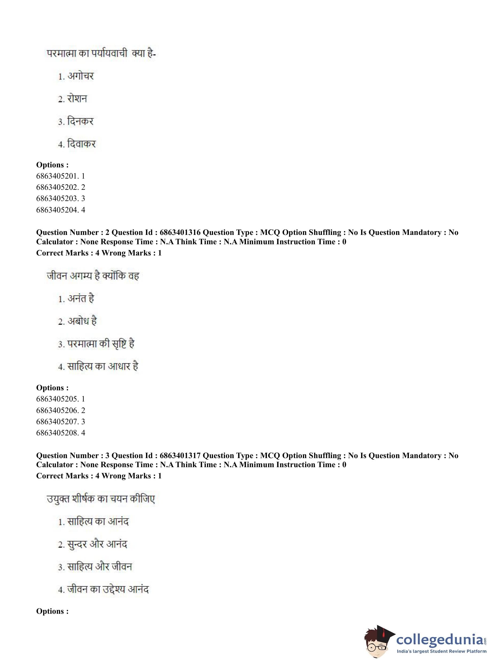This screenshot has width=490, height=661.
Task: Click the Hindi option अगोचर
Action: tap(80, 76)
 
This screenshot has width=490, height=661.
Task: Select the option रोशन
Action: tap(77, 99)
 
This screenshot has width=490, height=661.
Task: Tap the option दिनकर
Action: tap(80, 121)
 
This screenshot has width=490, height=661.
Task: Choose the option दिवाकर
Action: tap(81, 144)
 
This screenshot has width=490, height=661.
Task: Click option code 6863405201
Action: tap(57, 176)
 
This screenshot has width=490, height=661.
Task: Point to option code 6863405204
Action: tap(57, 210)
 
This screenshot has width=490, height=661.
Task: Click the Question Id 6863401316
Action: tap(180, 232)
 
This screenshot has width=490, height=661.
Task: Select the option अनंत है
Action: tap(81, 298)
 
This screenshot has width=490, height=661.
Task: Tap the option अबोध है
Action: tap(82, 321)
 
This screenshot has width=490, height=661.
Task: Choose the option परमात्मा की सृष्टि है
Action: tap(101, 344)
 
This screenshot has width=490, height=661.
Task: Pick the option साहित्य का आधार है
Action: tap(103, 366)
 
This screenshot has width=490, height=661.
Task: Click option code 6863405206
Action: tap(57, 410)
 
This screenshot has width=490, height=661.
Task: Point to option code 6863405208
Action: tap(57, 433)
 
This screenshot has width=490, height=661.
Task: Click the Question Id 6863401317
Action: tap(180, 455)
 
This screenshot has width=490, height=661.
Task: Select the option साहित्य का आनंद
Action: tap(98, 522)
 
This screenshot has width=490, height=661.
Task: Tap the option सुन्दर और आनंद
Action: tap(97, 544)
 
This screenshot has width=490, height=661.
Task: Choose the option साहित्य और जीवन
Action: tap(99, 567)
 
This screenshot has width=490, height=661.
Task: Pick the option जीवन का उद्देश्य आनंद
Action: tap(108, 589)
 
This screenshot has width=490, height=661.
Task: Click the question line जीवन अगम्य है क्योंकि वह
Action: tap(93, 276)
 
